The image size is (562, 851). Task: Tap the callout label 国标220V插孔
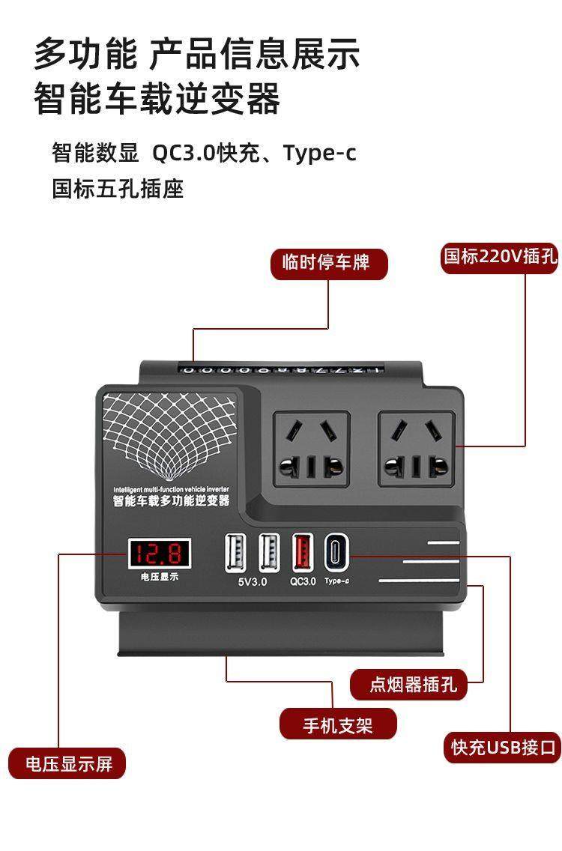(x=500, y=257)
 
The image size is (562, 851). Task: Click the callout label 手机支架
(x=337, y=724)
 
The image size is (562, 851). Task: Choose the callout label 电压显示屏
(x=67, y=764)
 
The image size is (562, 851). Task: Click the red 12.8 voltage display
(x=158, y=554)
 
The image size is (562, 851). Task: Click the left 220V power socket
(x=311, y=449)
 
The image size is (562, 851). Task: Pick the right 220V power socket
(x=416, y=449)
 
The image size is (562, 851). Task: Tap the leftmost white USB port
(x=234, y=552)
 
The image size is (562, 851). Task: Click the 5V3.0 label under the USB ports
(x=252, y=581)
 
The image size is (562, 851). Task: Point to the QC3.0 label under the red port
(x=303, y=581)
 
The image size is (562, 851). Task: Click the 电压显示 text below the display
(x=159, y=577)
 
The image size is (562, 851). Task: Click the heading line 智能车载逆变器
(x=157, y=99)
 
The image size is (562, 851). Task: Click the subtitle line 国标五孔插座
(x=118, y=188)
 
